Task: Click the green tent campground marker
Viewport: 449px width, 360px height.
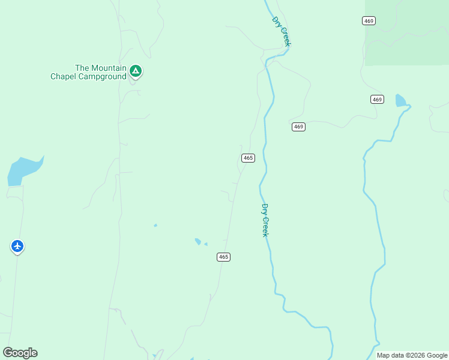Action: tap(136, 71)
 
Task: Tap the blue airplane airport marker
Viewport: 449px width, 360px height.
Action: tap(17, 246)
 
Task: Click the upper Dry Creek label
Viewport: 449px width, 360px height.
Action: tap(281, 31)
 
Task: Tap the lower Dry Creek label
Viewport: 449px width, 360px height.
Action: tap(264, 220)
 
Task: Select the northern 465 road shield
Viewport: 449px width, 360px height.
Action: tap(248, 158)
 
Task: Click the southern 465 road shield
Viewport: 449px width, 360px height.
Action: tap(223, 257)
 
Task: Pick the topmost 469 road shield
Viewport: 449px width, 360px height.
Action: tap(369, 21)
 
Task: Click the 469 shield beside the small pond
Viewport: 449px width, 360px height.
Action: tap(376, 99)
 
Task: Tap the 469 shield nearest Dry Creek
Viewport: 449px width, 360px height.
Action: tap(299, 127)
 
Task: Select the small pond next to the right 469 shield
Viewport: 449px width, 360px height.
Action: tap(400, 100)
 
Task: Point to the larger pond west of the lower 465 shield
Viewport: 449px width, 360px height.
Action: tap(197, 241)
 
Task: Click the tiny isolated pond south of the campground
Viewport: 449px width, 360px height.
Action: tap(155, 226)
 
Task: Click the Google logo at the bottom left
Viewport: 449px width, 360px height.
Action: tap(20, 353)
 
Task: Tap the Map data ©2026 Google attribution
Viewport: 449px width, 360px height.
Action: tap(412, 355)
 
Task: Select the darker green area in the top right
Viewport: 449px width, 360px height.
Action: tap(408, 30)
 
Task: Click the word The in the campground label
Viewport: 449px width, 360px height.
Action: tap(82, 68)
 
